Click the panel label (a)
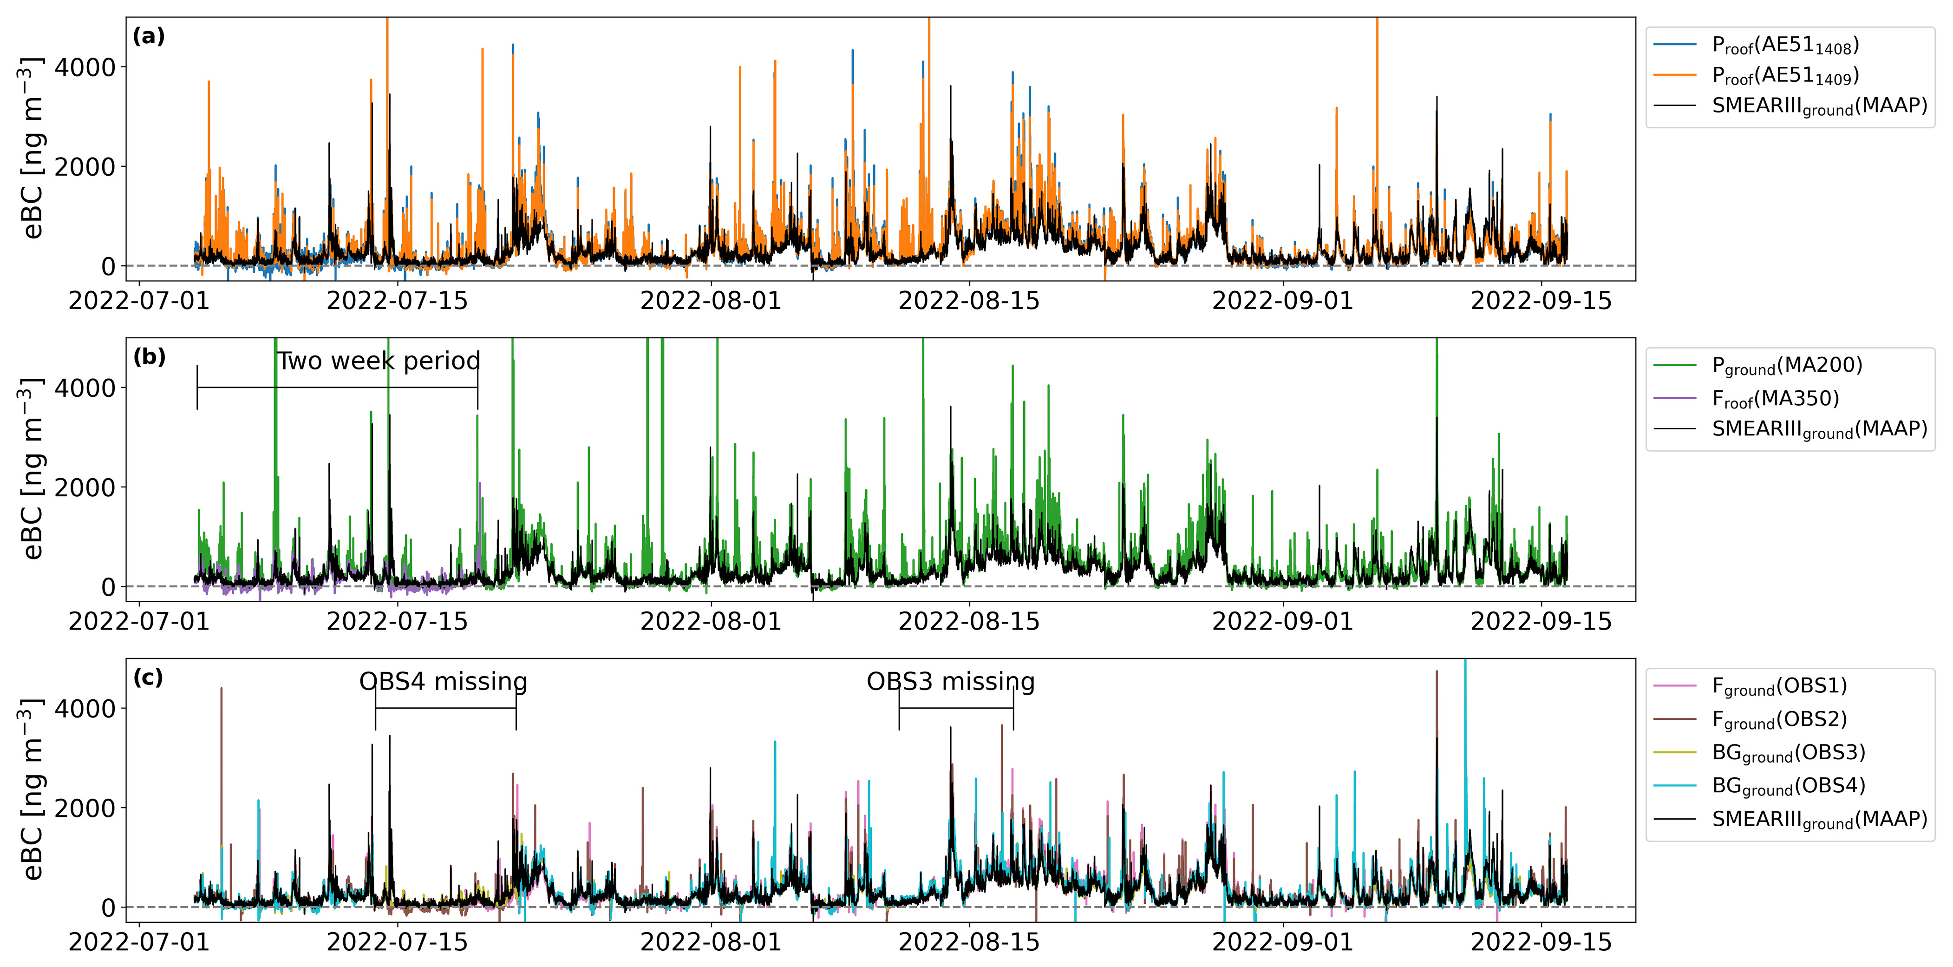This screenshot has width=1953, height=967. (x=149, y=36)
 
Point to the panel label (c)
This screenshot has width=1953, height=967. (x=149, y=678)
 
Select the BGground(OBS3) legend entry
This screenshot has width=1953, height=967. (x=1788, y=753)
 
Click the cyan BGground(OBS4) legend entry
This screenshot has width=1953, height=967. (x=1788, y=787)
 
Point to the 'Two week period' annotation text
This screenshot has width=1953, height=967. (x=379, y=361)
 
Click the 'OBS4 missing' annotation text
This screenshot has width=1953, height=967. (x=443, y=682)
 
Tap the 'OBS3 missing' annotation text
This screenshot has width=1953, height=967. (x=951, y=682)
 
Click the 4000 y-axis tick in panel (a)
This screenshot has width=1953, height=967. (x=85, y=67)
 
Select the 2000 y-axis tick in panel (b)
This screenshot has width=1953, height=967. (x=85, y=487)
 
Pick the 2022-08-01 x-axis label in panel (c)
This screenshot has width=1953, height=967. (x=711, y=942)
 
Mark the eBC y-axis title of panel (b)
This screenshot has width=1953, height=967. (x=32, y=469)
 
